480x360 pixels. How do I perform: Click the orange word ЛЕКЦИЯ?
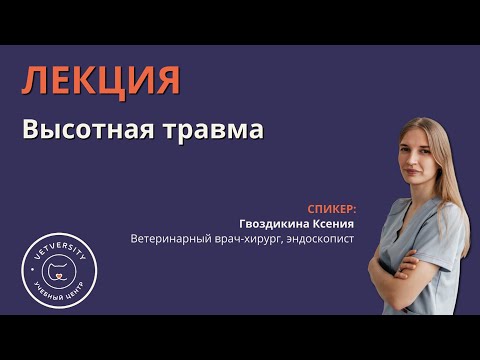coord(101,80)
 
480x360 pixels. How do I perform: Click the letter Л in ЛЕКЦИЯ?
coord(34,80)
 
